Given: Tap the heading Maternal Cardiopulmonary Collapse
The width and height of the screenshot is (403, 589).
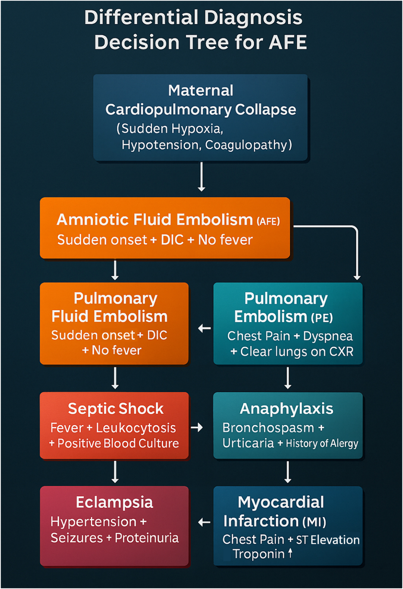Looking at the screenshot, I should tap(201, 100).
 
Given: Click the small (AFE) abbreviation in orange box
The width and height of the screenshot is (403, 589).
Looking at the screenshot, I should tap(268, 221).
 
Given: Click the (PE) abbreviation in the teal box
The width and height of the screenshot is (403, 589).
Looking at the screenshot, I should tap(322, 318).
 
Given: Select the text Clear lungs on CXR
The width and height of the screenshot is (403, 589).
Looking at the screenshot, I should tap(297, 352).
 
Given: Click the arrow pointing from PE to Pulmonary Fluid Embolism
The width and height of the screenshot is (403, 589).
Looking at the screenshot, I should tap(204, 328).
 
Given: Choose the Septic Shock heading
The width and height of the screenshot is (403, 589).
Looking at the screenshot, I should tap(116, 409).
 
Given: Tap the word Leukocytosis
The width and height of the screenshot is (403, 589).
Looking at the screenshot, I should tap(136, 428).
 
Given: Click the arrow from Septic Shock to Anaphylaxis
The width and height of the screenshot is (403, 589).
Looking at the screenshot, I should tap(197, 427).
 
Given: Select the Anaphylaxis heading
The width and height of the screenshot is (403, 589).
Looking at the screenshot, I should tap(286, 409).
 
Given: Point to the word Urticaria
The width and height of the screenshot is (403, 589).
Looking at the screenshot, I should tap(248, 443).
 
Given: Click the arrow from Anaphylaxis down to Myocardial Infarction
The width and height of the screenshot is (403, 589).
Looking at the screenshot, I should tap(288, 472).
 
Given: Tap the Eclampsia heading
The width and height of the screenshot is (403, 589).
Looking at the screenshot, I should tap(114, 502).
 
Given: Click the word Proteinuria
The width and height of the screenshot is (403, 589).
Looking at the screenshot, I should tap(147, 538).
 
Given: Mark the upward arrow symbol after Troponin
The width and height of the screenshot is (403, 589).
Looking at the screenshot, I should tap(290, 553).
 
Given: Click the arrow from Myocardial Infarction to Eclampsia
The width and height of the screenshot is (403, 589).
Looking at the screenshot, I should tap(204, 523).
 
